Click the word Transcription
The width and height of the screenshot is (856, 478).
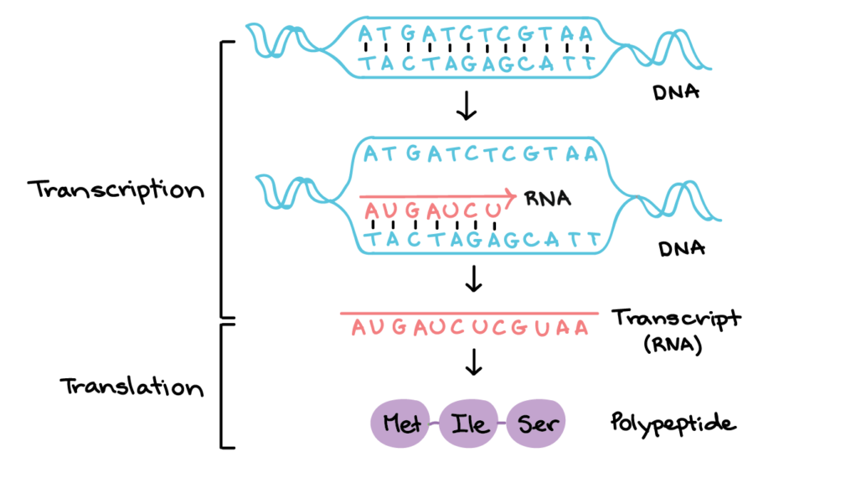(x=116, y=190)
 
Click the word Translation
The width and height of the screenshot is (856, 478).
(x=131, y=387)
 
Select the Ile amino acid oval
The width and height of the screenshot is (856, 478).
(x=469, y=423)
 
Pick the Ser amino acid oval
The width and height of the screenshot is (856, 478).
(x=536, y=423)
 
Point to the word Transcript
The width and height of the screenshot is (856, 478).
(x=676, y=319)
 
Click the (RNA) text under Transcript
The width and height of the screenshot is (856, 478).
(x=673, y=345)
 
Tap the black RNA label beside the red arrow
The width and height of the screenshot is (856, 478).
(x=548, y=198)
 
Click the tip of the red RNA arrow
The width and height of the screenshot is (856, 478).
(x=516, y=195)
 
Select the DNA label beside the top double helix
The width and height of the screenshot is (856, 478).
(x=676, y=91)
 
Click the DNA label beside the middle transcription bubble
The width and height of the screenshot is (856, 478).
(x=682, y=249)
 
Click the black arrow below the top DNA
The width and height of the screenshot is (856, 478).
(x=467, y=106)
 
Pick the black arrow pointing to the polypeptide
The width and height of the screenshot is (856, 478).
(x=473, y=362)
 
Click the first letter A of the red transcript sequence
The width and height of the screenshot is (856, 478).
(x=358, y=328)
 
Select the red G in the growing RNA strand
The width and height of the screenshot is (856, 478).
(x=412, y=210)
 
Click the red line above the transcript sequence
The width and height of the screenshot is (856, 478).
(x=469, y=314)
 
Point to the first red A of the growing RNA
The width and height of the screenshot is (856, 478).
(x=371, y=210)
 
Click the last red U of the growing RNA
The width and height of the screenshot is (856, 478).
(x=493, y=210)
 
